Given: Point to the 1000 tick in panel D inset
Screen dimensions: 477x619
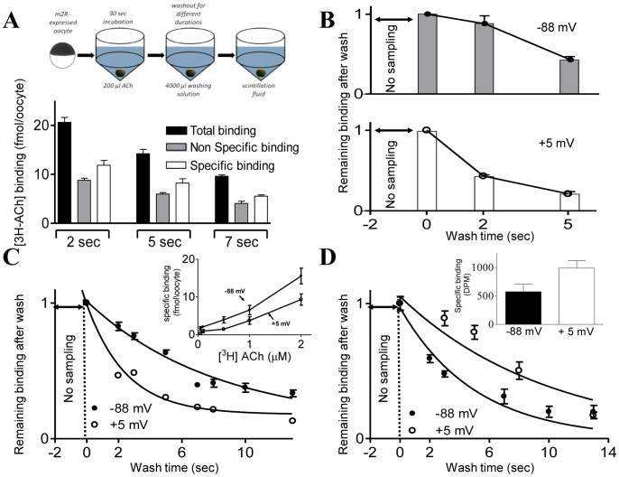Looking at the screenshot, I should point(470,268).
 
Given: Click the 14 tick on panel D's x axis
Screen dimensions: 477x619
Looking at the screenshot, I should point(607,449).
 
